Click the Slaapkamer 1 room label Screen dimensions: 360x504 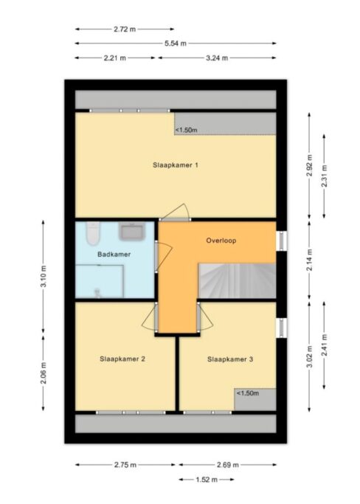pos(175,165)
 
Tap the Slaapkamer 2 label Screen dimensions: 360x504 pos(122,359)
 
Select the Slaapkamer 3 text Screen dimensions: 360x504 pos(230,359)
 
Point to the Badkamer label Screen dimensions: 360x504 pos(114,255)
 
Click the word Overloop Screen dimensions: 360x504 pos(221,241)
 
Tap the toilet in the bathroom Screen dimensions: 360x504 pos(94,234)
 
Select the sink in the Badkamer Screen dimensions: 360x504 pos(132,232)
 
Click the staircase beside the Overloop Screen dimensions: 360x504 pos(238,280)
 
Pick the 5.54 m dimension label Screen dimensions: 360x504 pos(176,44)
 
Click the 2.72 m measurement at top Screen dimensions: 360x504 pos(125,30)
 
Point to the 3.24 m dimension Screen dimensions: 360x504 pos(217,58)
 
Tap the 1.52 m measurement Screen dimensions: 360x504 pos(207,480)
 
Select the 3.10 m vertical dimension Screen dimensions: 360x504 pos(44,277)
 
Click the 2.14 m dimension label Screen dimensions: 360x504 pos(309,260)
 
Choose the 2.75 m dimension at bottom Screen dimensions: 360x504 pos(125,465)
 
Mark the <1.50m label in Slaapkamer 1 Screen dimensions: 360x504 pos(186,130)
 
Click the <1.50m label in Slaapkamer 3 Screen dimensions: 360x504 pos(248,393)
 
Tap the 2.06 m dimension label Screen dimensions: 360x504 pos(44,373)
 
